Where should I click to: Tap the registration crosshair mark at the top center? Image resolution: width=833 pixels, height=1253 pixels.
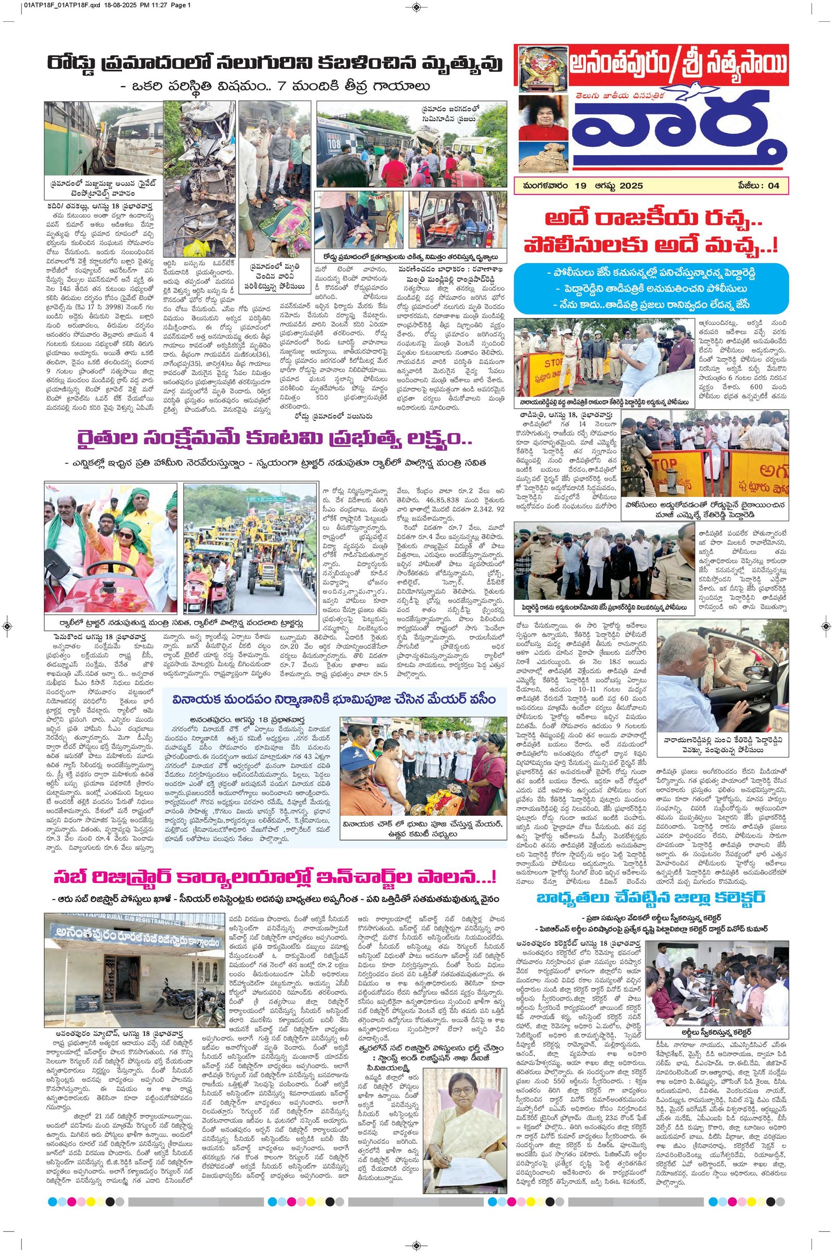[416, 7]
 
